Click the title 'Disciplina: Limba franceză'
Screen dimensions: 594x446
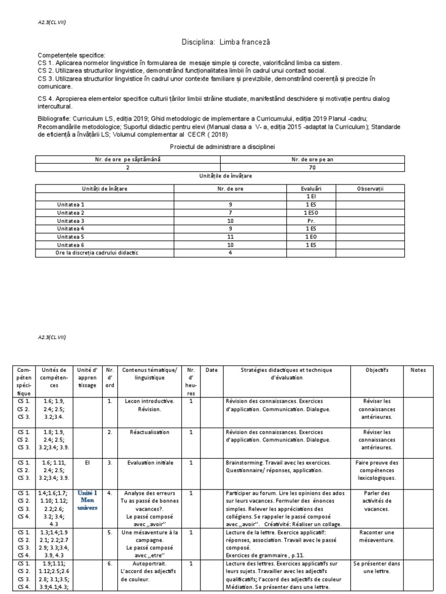click(223, 43)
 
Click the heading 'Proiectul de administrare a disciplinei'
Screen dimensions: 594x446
click(223, 148)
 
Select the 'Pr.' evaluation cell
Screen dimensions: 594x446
click(310, 221)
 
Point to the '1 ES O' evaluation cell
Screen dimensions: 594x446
click(310, 213)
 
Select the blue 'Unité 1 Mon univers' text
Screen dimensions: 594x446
click(87, 499)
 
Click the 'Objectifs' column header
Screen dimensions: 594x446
click(377, 370)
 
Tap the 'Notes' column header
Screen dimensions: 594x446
click(418, 370)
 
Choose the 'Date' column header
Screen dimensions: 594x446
click(211, 370)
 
